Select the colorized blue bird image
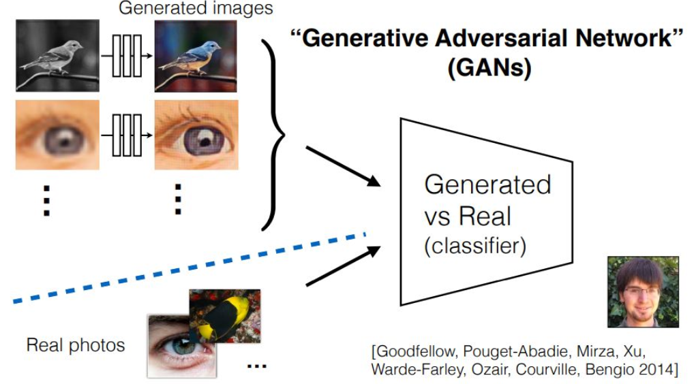(196, 55)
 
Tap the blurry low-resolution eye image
(57, 134)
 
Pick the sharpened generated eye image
(196, 134)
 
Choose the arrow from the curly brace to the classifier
(342, 165)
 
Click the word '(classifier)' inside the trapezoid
(475, 246)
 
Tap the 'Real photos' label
(76, 345)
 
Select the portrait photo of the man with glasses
(643, 291)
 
